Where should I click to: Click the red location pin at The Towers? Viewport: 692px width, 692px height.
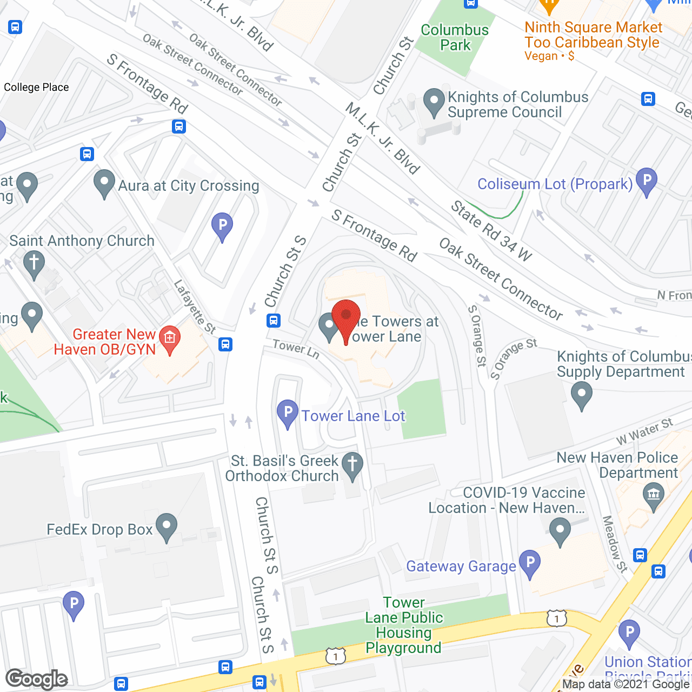tap(346, 317)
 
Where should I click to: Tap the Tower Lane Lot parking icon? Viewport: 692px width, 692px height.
tap(288, 414)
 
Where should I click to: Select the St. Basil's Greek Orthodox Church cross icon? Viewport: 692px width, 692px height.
tap(352, 465)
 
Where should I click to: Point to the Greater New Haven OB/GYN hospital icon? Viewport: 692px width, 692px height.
tap(170, 340)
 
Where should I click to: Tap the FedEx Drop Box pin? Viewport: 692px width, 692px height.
tap(167, 527)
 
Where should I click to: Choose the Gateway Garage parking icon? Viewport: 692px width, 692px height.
tap(530, 564)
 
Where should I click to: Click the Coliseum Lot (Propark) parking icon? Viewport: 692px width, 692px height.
tap(646, 181)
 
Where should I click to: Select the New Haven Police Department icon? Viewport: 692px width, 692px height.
tap(653, 495)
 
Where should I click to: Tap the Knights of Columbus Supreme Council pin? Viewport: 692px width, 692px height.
tap(434, 102)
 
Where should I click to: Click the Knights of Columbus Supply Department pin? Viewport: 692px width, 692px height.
tap(582, 395)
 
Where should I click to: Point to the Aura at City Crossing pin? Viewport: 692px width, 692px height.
tap(104, 183)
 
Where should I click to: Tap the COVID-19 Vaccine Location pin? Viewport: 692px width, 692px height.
tap(560, 531)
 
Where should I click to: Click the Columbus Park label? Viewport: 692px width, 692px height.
tap(455, 37)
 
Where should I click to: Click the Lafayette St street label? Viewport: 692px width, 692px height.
tap(195, 307)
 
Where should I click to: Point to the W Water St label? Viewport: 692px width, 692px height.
tap(644, 431)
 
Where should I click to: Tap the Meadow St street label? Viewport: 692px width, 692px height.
tap(615, 544)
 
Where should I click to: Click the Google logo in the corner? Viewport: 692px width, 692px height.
tap(37, 679)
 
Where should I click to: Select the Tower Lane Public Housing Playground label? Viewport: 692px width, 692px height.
tap(404, 625)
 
